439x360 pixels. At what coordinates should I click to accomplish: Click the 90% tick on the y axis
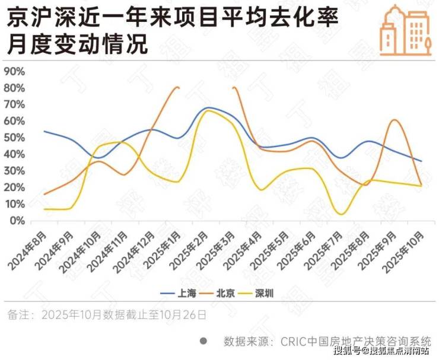pyautogui.click(x=14, y=72)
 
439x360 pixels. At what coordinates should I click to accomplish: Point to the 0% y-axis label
pyautogui.click(x=17, y=221)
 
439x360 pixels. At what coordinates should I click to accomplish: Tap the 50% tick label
pyautogui.click(x=14, y=138)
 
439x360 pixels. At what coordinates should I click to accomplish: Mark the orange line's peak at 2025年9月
pyautogui.click(x=395, y=120)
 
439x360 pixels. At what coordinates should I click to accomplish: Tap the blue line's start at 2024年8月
pyautogui.click(x=44, y=131)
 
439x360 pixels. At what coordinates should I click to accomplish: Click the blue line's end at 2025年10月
pyautogui.click(x=422, y=161)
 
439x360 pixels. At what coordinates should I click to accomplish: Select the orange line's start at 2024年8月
pyautogui.click(x=44, y=194)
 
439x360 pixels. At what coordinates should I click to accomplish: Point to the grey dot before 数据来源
pyautogui.click(x=203, y=341)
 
